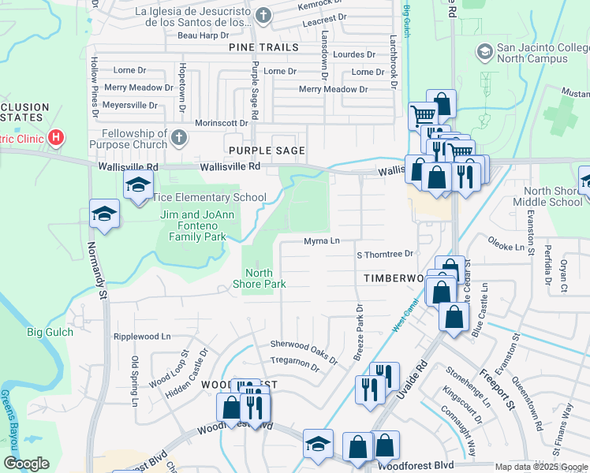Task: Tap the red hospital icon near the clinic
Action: tap(56, 138)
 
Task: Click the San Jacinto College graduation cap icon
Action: tap(484, 53)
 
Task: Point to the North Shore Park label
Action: tap(258, 279)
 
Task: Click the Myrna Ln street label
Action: tap(322, 241)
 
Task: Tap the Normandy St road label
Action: tap(101, 276)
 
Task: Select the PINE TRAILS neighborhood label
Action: tap(264, 47)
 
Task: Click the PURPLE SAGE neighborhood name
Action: tap(266, 150)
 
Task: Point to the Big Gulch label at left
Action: tap(50, 332)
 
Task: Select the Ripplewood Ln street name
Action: tap(142, 337)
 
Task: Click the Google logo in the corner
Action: tap(27, 464)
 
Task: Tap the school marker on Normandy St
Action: tap(103, 214)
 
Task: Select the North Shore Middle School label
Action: tap(553, 196)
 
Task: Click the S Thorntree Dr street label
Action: tap(385, 254)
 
